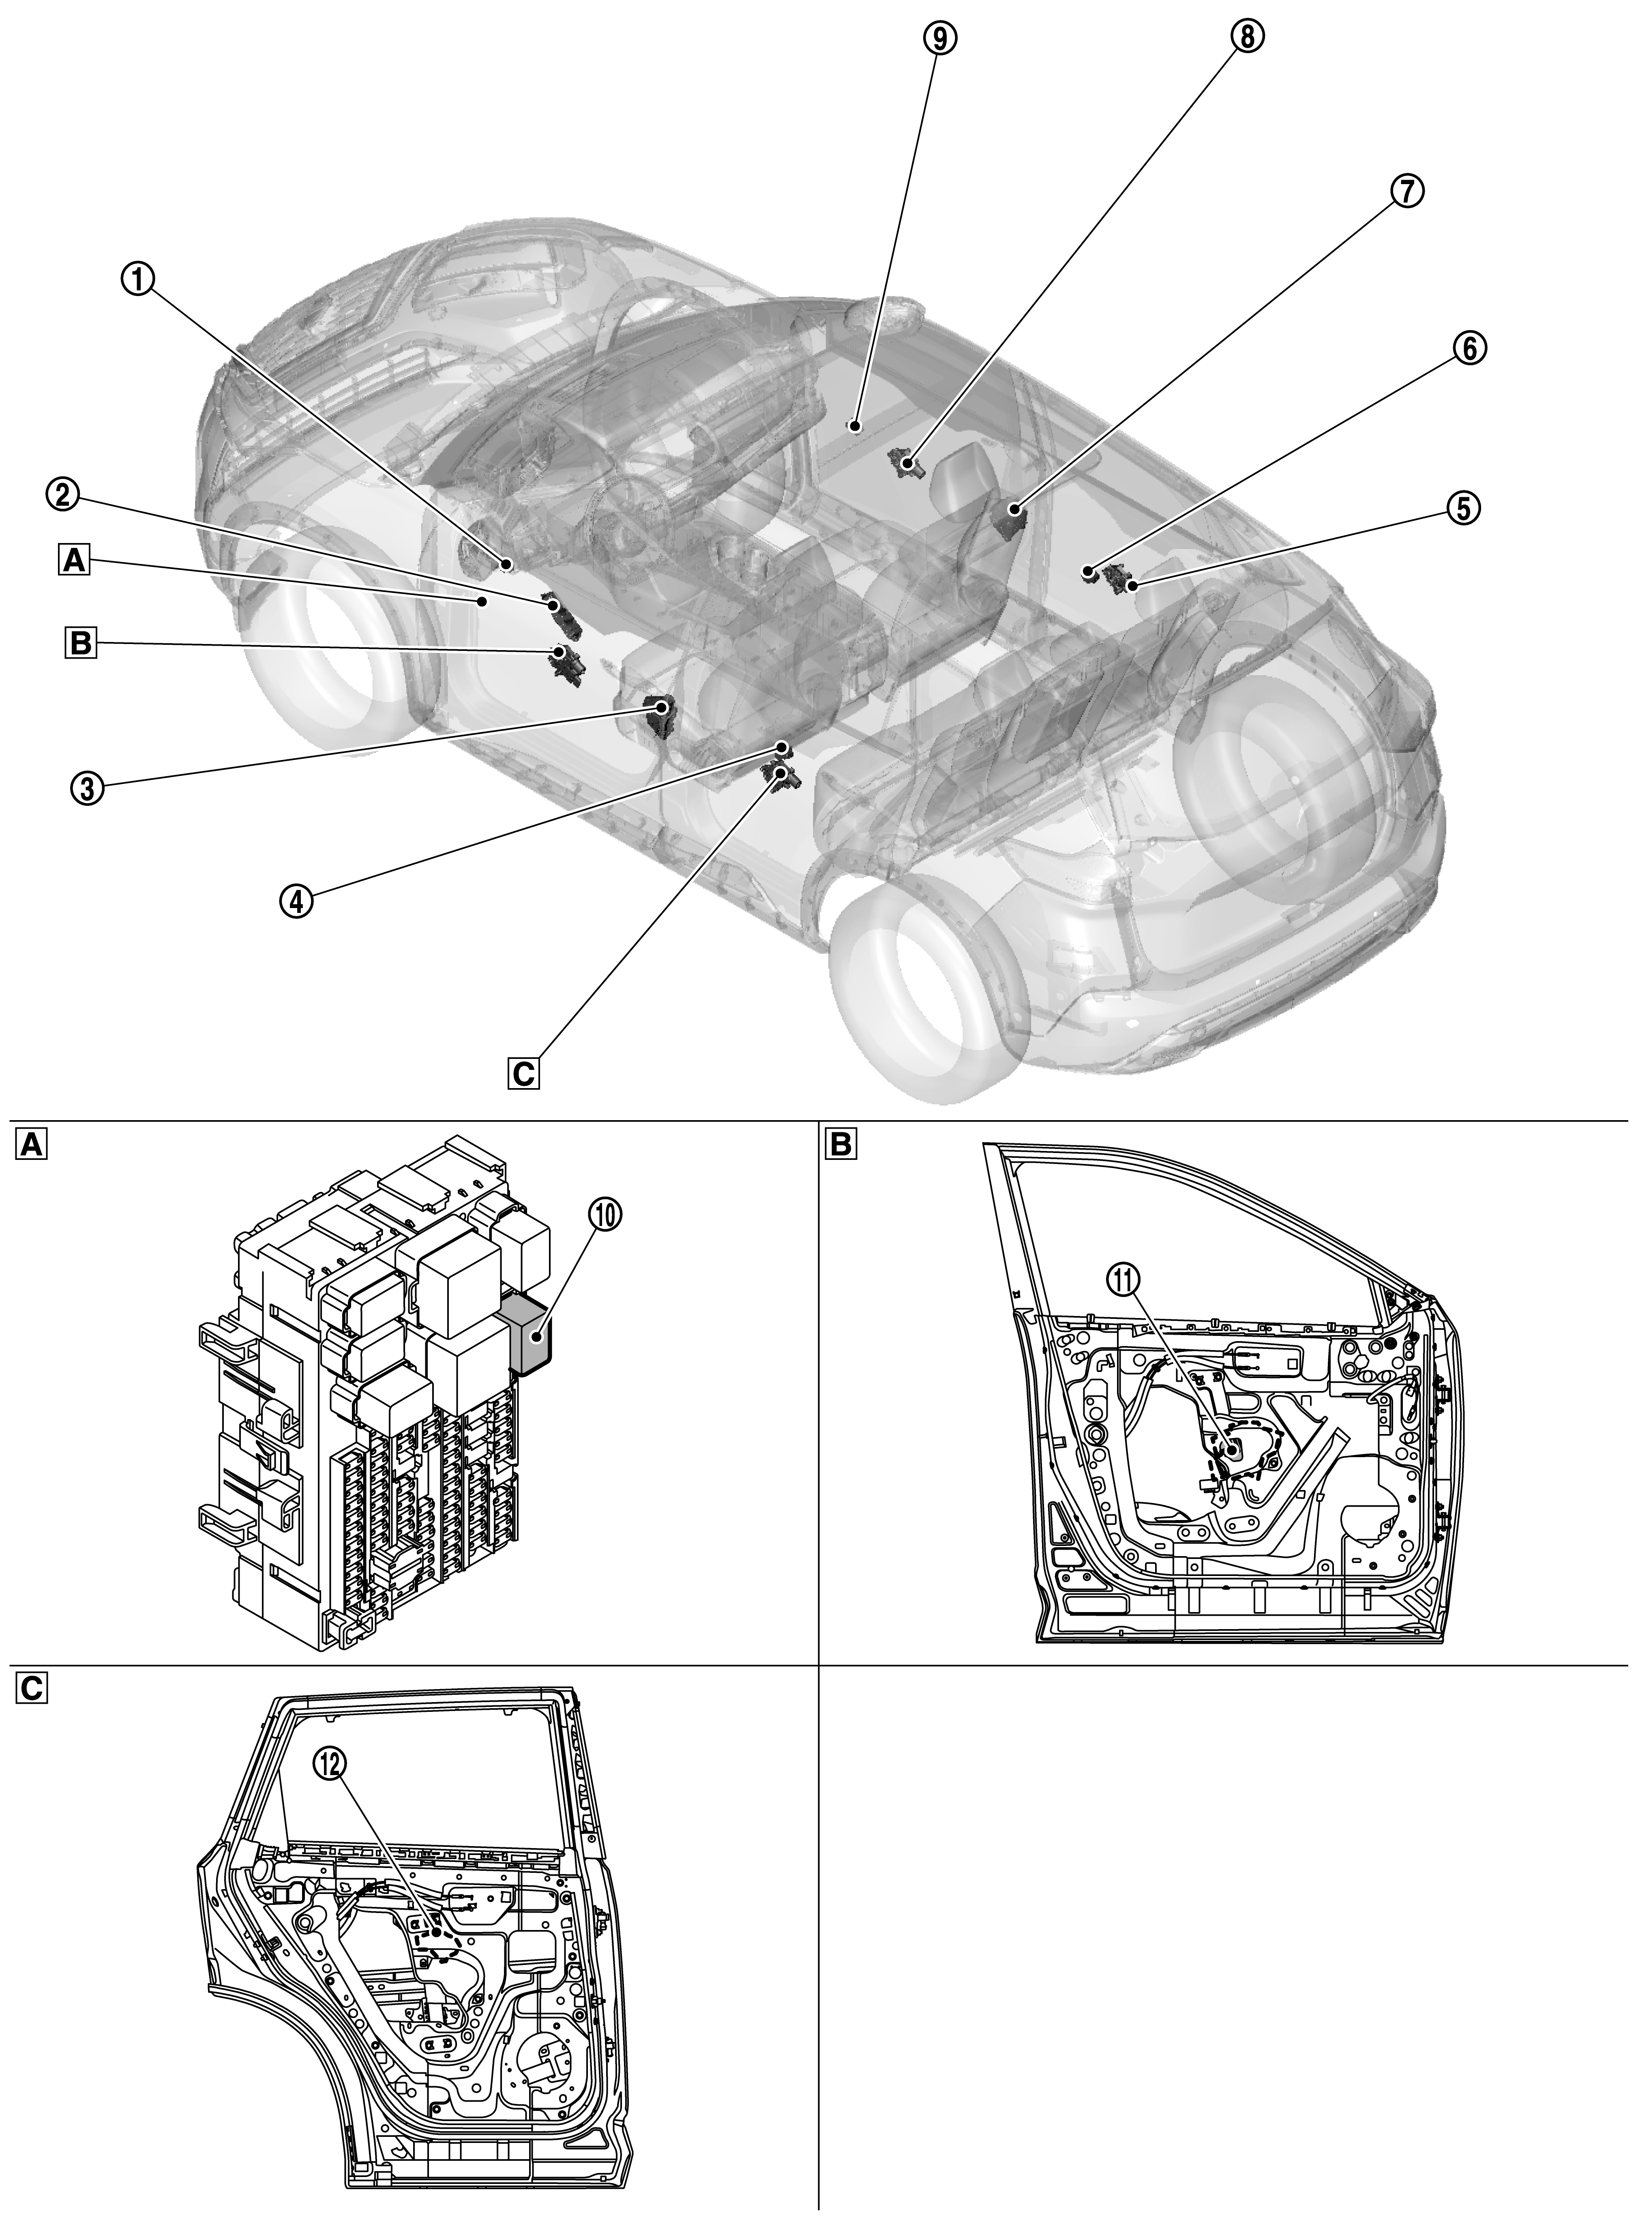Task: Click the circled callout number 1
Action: [139, 281]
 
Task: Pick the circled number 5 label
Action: [1462, 508]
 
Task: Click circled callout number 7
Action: [1407, 192]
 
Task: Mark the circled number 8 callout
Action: [1248, 36]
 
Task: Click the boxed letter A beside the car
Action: [73, 562]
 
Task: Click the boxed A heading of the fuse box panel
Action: [31, 1146]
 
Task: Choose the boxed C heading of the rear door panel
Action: [31, 1689]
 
